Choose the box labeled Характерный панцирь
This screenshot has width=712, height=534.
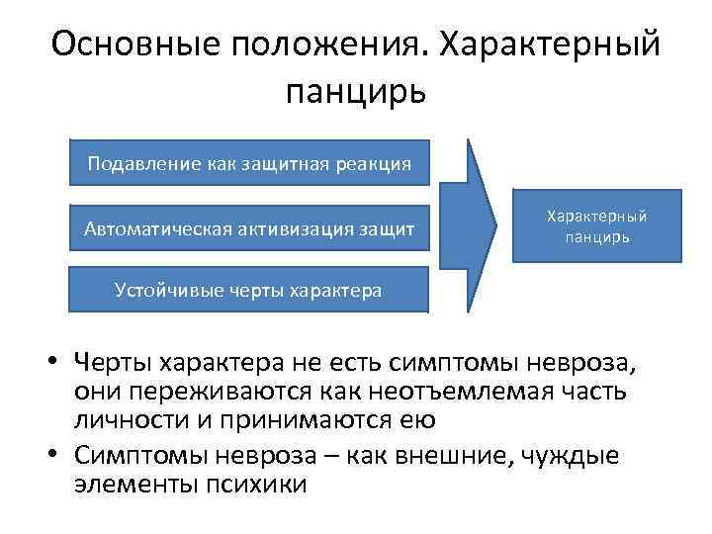click(x=597, y=226)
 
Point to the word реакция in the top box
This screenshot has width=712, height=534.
click(x=375, y=162)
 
